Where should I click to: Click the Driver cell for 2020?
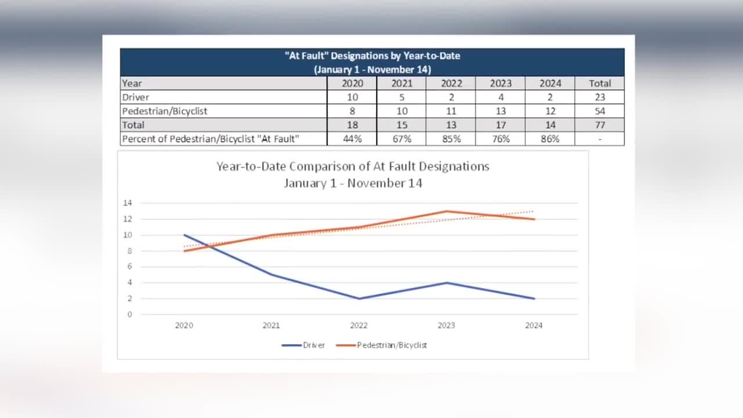(x=352, y=97)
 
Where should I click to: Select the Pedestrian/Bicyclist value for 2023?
(x=501, y=111)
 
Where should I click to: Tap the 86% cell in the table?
(x=550, y=139)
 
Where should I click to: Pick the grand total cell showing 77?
(x=600, y=125)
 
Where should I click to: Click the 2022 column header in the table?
(x=451, y=83)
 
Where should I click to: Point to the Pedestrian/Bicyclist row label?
(x=165, y=111)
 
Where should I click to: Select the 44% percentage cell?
(x=352, y=139)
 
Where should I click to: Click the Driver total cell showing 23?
(x=600, y=97)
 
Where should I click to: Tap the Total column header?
(x=600, y=83)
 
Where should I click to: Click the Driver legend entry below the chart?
(x=304, y=345)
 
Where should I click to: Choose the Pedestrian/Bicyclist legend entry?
(x=383, y=345)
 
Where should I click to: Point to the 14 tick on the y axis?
(x=128, y=203)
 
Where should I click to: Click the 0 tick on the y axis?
(x=129, y=315)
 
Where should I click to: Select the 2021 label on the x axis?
(x=271, y=326)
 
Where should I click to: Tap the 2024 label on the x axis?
(x=533, y=326)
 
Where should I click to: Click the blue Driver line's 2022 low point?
(x=359, y=298)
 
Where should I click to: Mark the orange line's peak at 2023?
(x=446, y=211)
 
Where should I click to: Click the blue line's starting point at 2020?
(x=184, y=235)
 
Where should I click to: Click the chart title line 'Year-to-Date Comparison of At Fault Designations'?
(x=353, y=167)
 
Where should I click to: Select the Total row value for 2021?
(x=402, y=125)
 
